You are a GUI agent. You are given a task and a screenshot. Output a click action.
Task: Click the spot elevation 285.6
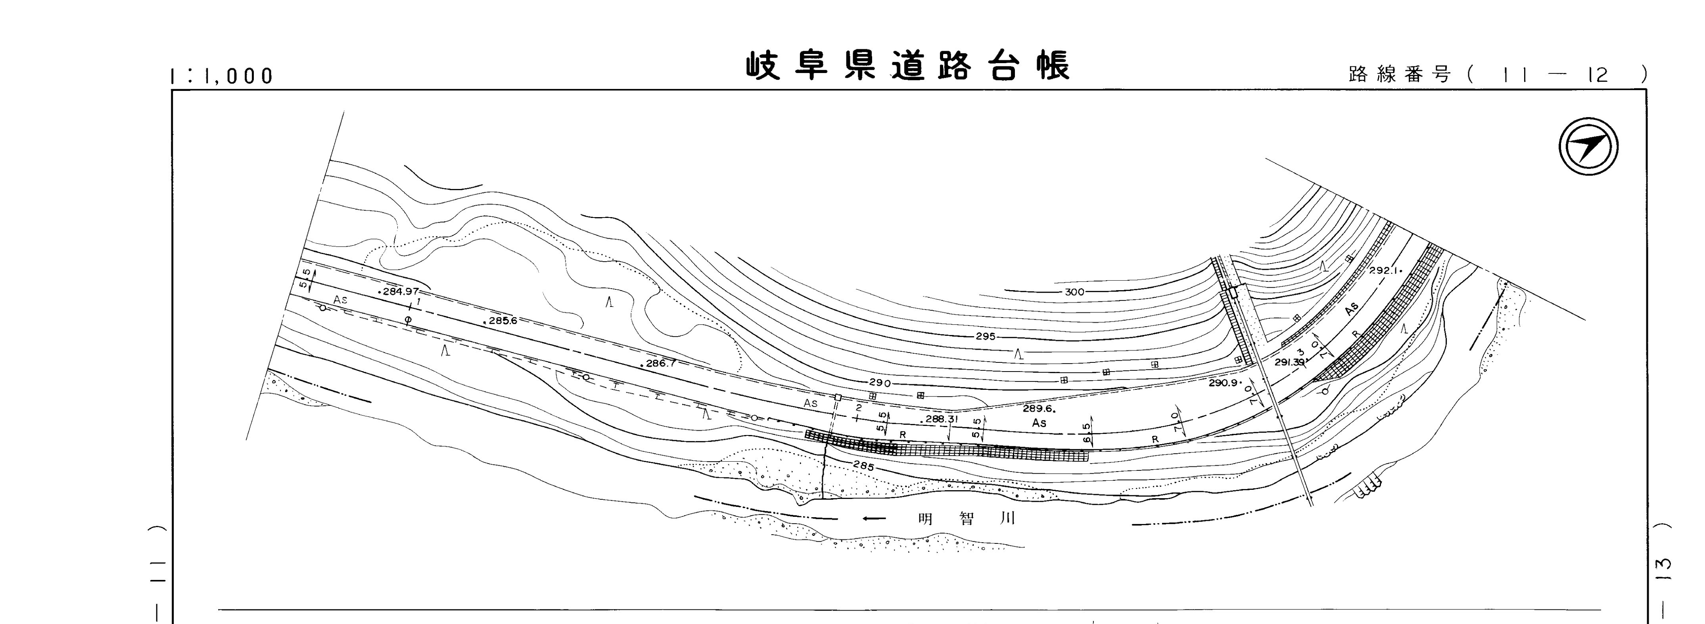point(502,321)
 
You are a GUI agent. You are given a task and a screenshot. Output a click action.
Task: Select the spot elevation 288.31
point(940,419)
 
